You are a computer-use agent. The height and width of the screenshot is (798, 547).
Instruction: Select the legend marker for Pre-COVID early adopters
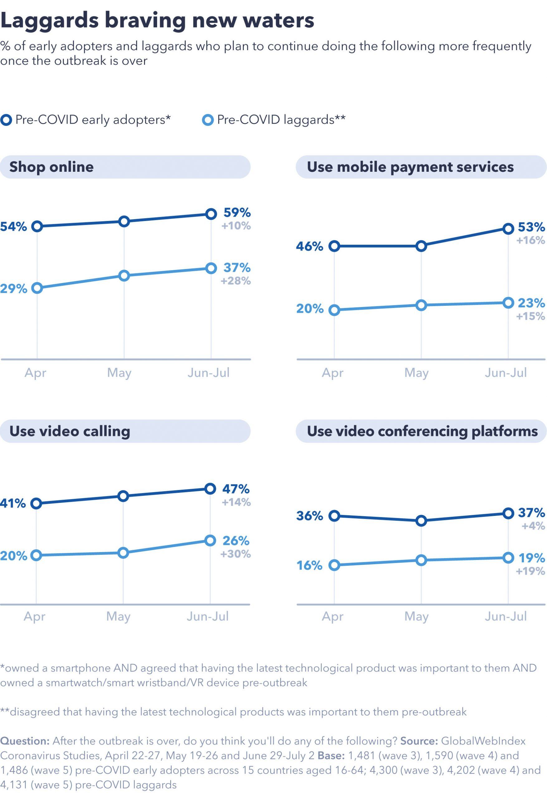(6, 120)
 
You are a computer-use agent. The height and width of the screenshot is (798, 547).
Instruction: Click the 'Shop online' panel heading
(51, 167)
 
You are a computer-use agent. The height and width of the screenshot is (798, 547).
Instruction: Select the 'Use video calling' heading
(70, 431)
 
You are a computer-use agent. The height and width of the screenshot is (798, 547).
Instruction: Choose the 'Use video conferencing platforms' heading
(422, 431)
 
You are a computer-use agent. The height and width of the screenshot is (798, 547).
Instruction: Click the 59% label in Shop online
(237, 213)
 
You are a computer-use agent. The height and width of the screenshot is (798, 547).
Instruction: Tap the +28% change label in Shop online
(236, 281)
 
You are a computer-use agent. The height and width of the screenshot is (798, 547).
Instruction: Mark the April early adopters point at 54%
(37, 226)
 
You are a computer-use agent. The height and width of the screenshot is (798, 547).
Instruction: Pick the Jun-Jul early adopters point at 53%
(508, 229)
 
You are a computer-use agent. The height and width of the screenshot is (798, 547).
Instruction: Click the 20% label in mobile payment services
(310, 309)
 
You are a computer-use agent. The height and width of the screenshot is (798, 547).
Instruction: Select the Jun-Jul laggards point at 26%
(210, 541)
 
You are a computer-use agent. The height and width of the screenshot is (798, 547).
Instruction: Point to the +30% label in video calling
(236, 554)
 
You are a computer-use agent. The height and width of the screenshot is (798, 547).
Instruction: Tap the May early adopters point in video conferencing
(421, 521)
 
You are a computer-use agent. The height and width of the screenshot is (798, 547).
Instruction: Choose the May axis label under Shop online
(119, 373)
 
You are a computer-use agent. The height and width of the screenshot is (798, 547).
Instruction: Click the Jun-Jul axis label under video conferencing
(506, 616)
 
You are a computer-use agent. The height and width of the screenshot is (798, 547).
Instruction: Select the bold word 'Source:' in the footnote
(419, 741)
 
